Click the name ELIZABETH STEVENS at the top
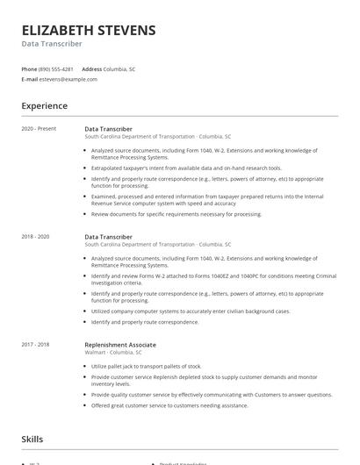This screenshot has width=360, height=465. click(89, 30)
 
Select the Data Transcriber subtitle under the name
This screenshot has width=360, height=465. click(52, 43)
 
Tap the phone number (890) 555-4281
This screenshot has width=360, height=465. click(56, 68)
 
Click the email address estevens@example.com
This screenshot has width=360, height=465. click(68, 79)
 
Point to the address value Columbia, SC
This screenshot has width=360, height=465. click(120, 68)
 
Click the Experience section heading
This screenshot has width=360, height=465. click(45, 106)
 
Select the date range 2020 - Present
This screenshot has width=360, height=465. click(39, 129)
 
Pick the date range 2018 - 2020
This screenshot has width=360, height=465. click(35, 237)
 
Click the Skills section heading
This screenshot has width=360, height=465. click(33, 438)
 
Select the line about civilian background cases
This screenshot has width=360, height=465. click(191, 311)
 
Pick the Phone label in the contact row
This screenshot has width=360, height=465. click(29, 68)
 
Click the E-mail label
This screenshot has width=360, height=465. click(30, 79)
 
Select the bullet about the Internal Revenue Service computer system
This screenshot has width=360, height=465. click(205, 200)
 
